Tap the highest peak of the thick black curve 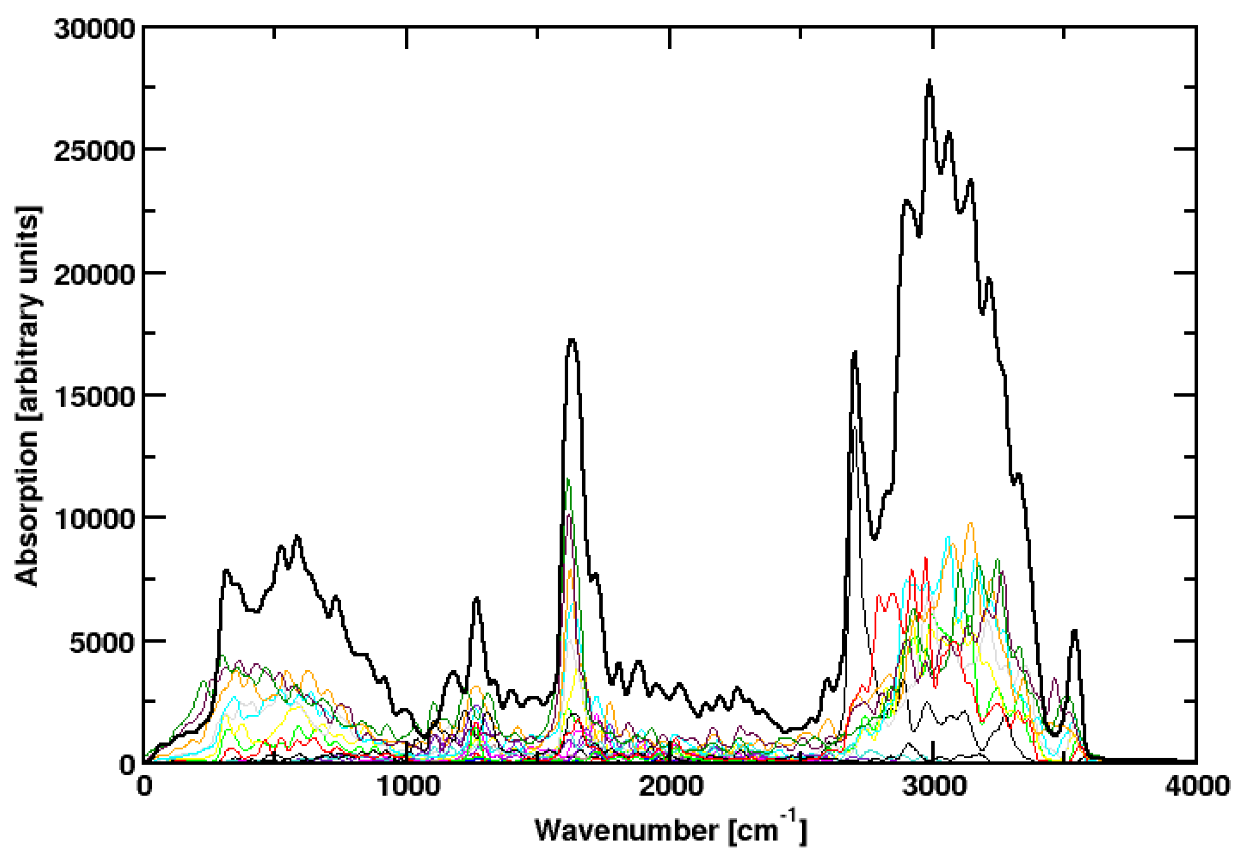929,81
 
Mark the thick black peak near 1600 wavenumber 572,340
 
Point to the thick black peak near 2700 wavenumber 855,353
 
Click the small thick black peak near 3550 1075,630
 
